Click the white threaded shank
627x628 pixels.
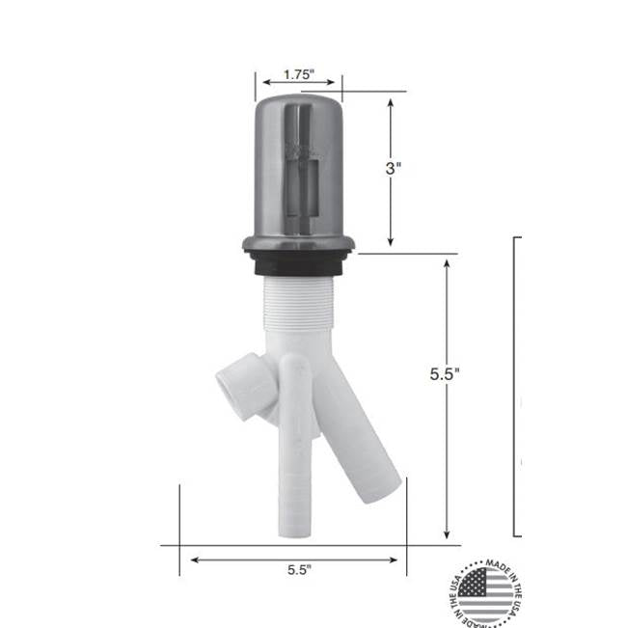coord(297,309)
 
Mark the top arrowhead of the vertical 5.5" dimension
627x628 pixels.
coord(447,262)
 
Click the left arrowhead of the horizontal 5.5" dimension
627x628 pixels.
coord(196,559)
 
